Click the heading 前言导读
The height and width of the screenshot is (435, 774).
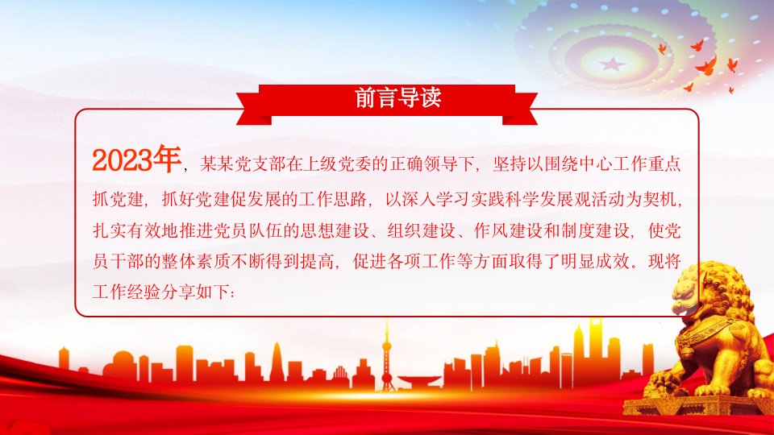[x=397, y=97]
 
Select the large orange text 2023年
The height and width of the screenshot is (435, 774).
[x=136, y=159]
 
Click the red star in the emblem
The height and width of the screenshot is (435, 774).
[x=613, y=64]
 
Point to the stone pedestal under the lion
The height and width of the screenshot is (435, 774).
[x=696, y=405]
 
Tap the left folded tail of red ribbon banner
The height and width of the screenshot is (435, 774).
[x=254, y=109]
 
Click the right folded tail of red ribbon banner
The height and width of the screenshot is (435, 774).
[x=520, y=109]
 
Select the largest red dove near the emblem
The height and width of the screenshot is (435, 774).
[x=706, y=65]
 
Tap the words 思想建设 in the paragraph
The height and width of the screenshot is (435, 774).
[x=335, y=230]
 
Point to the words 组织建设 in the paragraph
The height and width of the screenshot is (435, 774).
[x=422, y=230]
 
